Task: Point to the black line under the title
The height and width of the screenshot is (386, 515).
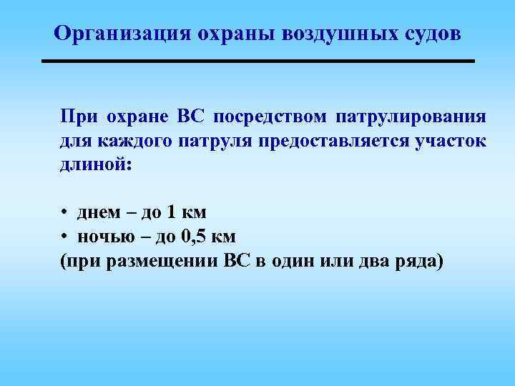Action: coord(258,62)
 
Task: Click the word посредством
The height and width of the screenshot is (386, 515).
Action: coord(271,117)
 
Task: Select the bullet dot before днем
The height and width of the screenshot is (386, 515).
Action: coord(64,213)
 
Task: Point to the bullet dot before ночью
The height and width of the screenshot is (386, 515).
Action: coord(64,236)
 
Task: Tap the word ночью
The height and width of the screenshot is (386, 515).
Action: coord(101,236)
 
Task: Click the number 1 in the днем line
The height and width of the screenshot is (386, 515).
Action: coord(170,213)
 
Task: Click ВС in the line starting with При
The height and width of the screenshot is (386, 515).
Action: coord(190,117)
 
